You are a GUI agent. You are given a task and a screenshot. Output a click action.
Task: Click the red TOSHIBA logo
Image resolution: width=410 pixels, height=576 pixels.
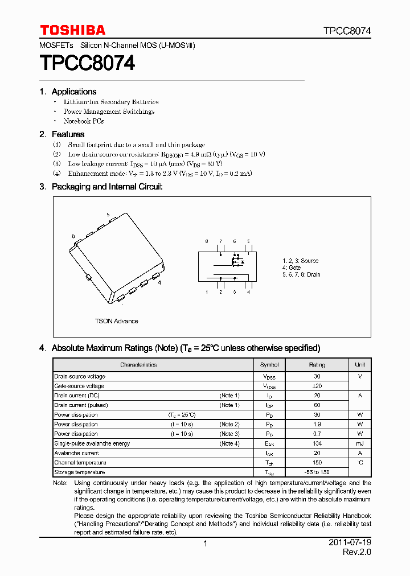point(72,30)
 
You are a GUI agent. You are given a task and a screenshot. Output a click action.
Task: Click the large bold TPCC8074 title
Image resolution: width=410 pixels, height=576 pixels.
point(87,63)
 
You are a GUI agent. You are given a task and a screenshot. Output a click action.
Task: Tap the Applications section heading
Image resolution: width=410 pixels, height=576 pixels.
point(73,92)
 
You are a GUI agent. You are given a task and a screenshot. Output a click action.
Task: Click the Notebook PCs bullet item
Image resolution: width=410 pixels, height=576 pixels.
point(83,121)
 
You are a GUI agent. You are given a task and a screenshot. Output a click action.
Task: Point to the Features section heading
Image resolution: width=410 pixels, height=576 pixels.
point(68,134)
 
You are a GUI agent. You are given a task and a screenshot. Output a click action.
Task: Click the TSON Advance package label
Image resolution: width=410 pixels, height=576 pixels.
point(116,321)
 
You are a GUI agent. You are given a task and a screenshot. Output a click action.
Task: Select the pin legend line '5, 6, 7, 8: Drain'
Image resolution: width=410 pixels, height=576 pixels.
point(301,274)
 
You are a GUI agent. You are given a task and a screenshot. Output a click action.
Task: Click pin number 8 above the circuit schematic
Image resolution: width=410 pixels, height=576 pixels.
point(207,241)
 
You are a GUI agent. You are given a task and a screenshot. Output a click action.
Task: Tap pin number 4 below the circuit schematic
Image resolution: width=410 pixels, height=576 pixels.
point(248,292)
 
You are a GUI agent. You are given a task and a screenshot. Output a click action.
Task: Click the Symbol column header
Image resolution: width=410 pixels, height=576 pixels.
point(269,365)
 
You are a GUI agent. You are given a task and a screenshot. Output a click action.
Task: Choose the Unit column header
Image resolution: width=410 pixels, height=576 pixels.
point(360,365)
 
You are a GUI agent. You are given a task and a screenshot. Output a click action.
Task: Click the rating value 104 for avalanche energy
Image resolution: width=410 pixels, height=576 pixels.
point(317,443)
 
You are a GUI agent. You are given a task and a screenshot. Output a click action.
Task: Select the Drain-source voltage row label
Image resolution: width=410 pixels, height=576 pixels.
point(80,376)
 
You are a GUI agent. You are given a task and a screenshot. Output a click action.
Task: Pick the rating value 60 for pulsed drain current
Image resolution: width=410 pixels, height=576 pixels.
point(317,405)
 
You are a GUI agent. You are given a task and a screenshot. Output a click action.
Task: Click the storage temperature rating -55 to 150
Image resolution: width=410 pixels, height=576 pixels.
point(317,472)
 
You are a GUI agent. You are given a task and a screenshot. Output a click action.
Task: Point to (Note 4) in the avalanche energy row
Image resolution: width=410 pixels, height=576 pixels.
point(229,443)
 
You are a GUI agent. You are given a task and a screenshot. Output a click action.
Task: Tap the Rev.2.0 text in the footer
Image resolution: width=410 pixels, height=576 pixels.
point(356,553)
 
